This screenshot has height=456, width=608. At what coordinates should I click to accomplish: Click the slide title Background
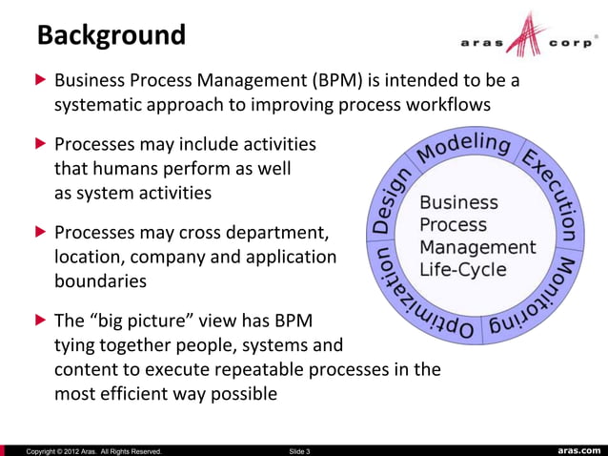pyautogui.click(x=111, y=35)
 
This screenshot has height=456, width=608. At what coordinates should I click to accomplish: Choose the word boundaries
pyautogui.click(x=100, y=281)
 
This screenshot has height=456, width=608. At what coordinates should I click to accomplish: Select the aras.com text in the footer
pyautogui.click(x=578, y=449)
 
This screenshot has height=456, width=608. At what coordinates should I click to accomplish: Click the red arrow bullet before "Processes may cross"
pyautogui.click(x=39, y=233)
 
